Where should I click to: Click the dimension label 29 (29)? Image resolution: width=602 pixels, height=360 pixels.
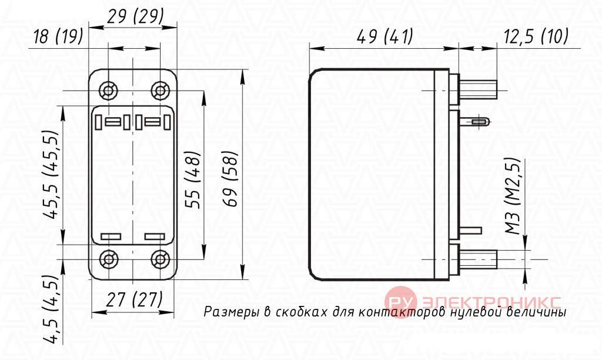[x=135, y=17]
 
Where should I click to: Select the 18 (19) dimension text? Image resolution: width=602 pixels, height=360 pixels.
[x=58, y=36]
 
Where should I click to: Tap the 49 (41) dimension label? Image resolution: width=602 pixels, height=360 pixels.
[x=385, y=36]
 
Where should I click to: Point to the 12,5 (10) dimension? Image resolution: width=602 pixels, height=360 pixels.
[x=536, y=36]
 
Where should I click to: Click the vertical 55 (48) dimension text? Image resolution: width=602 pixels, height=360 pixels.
[x=193, y=180]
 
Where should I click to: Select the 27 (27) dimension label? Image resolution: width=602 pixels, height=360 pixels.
[x=135, y=299]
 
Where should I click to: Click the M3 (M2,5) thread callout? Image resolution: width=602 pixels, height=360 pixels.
[x=513, y=196]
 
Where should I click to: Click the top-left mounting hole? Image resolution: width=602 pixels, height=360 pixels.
[x=108, y=91]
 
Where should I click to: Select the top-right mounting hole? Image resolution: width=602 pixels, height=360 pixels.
[x=160, y=91]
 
